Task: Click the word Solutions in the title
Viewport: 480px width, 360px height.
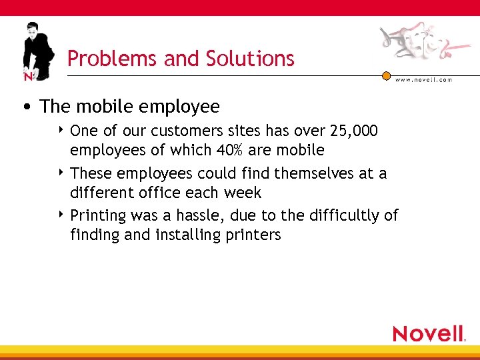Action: point(255,59)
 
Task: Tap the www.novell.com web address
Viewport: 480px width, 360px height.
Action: point(424,80)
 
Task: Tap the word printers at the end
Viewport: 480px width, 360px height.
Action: point(254,235)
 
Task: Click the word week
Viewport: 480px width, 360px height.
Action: point(244,193)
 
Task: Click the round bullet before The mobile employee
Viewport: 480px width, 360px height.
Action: point(26,107)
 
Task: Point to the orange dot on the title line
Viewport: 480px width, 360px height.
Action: point(386,76)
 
